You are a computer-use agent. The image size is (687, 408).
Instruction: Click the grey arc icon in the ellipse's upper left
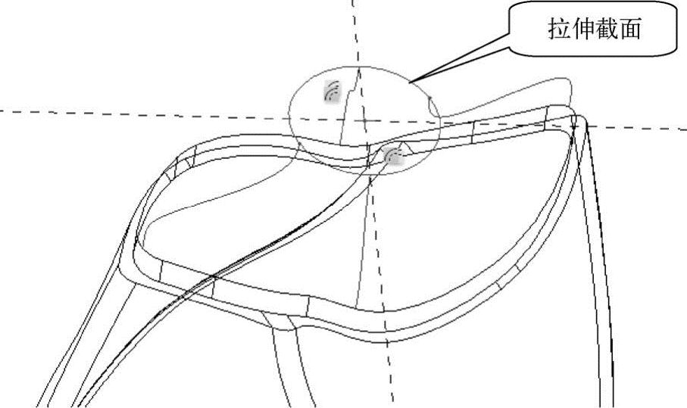(x=330, y=91)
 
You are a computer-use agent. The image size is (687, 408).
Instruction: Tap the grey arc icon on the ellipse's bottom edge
(x=392, y=156)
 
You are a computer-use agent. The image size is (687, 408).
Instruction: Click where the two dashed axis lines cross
(x=364, y=120)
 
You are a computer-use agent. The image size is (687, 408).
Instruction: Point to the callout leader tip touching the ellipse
(x=410, y=81)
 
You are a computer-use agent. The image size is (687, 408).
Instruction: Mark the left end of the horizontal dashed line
(x=2, y=111)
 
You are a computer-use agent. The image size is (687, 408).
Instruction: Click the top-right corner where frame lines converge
(x=576, y=119)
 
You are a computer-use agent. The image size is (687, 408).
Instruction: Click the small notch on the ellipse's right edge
(x=429, y=99)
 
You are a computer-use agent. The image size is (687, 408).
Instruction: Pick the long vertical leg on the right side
(x=602, y=303)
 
